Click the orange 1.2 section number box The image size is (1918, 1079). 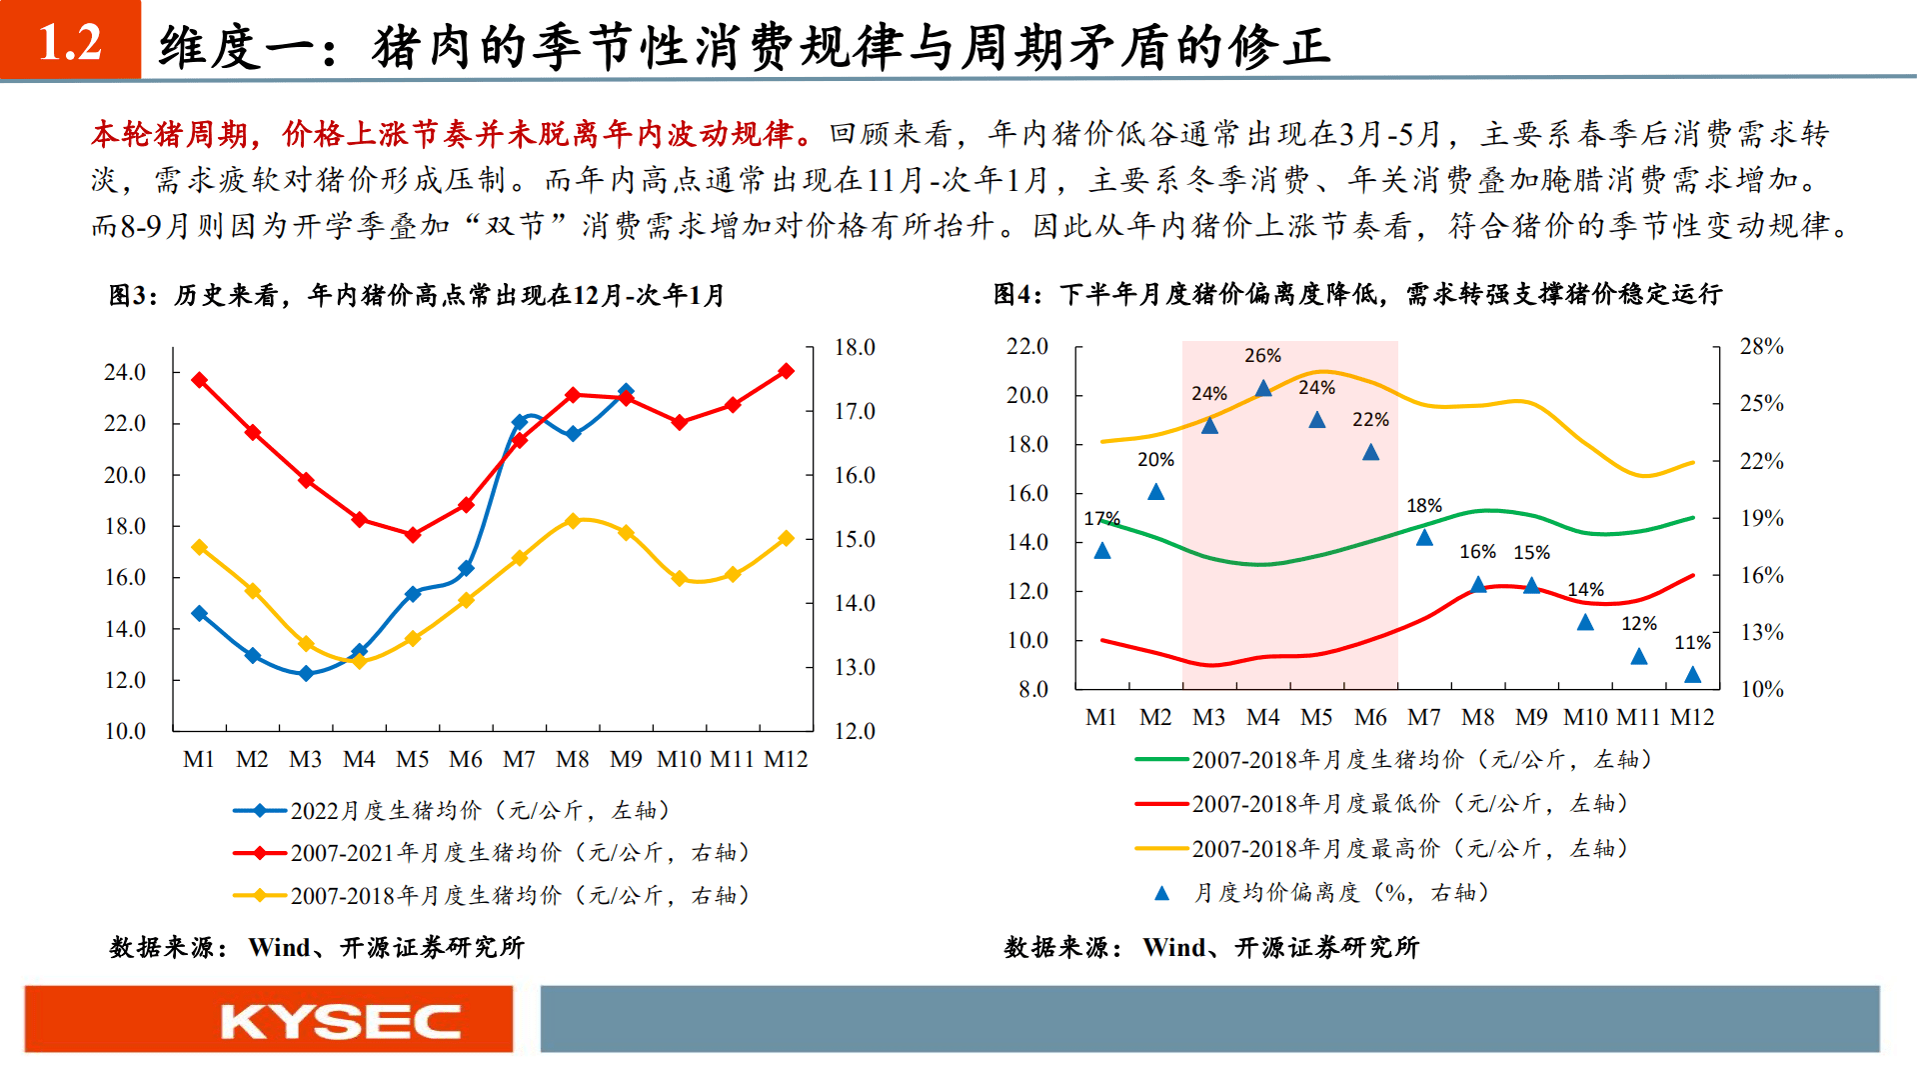(x=70, y=40)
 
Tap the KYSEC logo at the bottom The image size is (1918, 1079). (x=340, y=1021)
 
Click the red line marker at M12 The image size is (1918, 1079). (x=786, y=371)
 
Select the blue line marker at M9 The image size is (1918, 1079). (x=626, y=391)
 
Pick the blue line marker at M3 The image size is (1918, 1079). (x=306, y=674)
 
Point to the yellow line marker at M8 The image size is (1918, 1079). (x=573, y=521)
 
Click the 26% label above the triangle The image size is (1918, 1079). (x=1262, y=356)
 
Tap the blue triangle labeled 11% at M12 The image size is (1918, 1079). (x=1692, y=675)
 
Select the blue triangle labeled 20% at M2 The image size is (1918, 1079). (x=1155, y=492)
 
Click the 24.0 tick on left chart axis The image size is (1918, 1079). (x=125, y=373)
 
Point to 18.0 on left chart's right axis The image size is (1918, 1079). (x=855, y=348)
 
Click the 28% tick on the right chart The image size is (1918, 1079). (x=1761, y=347)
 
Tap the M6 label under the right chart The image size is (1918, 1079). (x=1370, y=718)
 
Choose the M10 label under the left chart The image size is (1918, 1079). (x=679, y=760)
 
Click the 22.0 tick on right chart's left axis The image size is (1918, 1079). (x=1027, y=347)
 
